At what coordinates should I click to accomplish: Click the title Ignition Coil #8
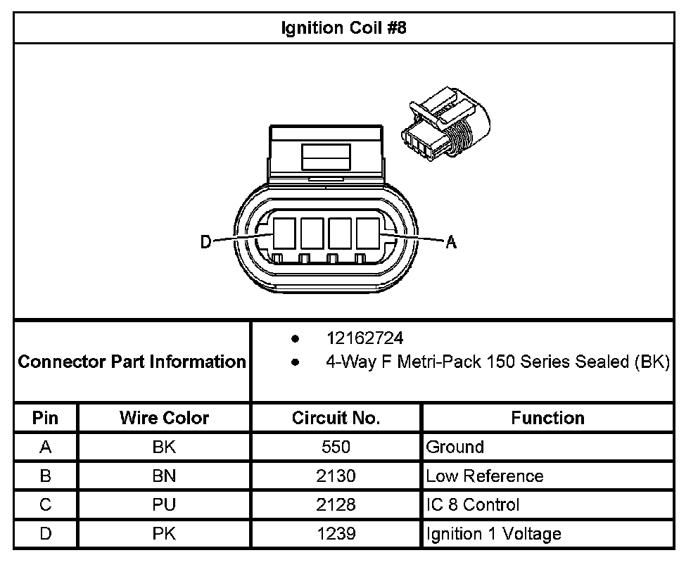tap(343, 29)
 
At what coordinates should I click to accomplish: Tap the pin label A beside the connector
tap(451, 243)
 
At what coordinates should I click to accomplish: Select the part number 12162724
tap(364, 338)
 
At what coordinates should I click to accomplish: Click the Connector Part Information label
tap(132, 362)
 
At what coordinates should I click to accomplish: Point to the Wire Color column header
tap(164, 418)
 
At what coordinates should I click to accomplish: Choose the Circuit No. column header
tap(336, 418)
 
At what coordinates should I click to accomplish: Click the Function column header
tap(547, 418)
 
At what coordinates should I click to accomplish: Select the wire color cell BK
tap(164, 447)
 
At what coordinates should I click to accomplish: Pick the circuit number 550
tap(336, 447)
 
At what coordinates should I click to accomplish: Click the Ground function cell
tap(455, 447)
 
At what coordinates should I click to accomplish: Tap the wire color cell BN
tap(164, 476)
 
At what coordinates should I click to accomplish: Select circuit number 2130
tap(336, 476)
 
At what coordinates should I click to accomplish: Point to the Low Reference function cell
tap(485, 476)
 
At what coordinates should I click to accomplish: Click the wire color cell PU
tap(164, 505)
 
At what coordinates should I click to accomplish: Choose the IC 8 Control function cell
tap(473, 505)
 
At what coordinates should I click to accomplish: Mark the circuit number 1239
tap(336, 534)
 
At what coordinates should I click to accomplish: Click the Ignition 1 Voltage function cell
tap(493, 534)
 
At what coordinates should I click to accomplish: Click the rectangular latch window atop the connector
tap(326, 156)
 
